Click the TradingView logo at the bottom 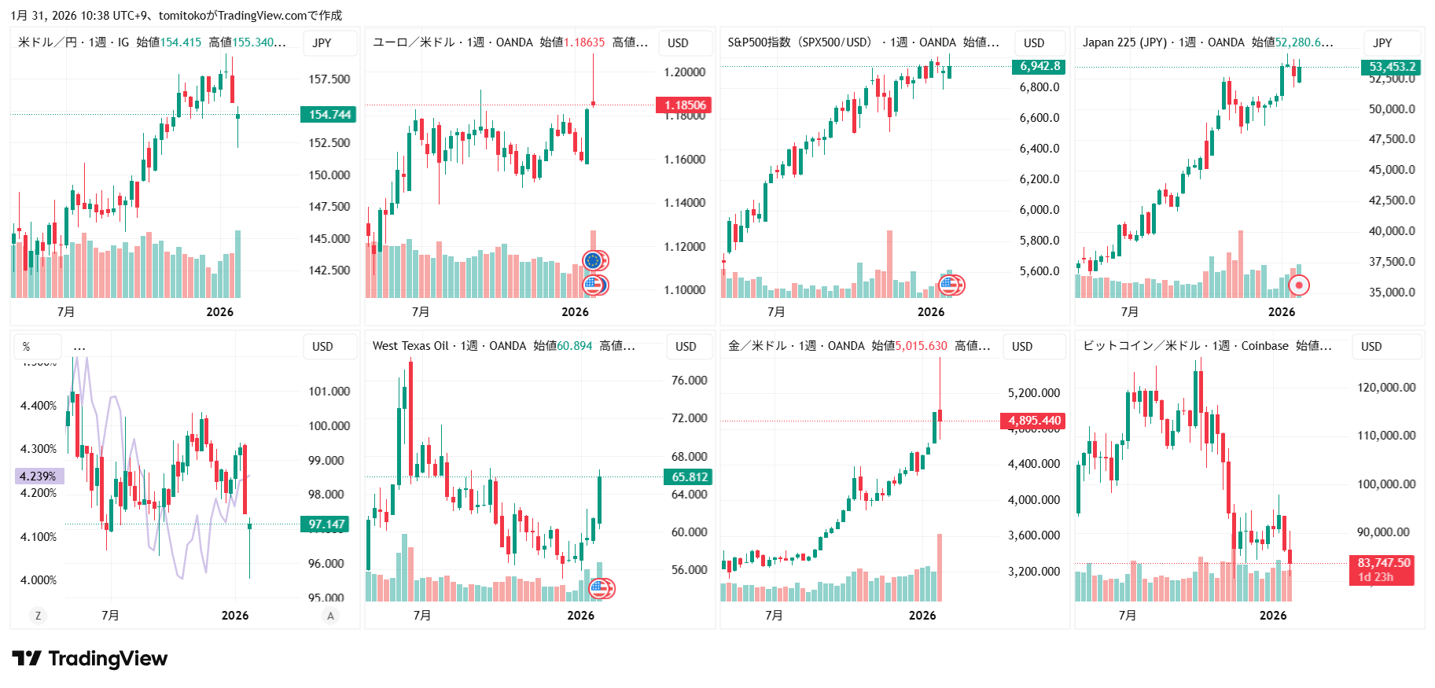(x=90, y=659)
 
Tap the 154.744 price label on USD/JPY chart (x=329, y=115)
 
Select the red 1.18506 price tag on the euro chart (x=684, y=105)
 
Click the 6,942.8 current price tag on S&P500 (x=1039, y=67)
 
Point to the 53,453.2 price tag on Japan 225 (x=1392, y=68)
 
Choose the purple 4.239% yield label (x=39, y=476)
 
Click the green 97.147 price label (x=326, y=524)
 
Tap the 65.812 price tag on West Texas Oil (x=689, y=477)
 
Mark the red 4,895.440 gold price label (x=1033, y=421)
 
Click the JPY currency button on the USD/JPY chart (x=322, y=43)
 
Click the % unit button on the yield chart (x=27, y=347)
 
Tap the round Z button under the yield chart (x=38, y=616)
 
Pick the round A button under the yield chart (x=330, y=616)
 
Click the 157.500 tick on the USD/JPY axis (x=329, y=79)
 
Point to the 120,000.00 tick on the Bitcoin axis (x=1385, y=388)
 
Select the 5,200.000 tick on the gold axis (x=1033, y=393)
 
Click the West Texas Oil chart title (x=410, y=346)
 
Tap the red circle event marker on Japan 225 (x=1299, y=285)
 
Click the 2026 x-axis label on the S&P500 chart (x=930, y=312)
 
